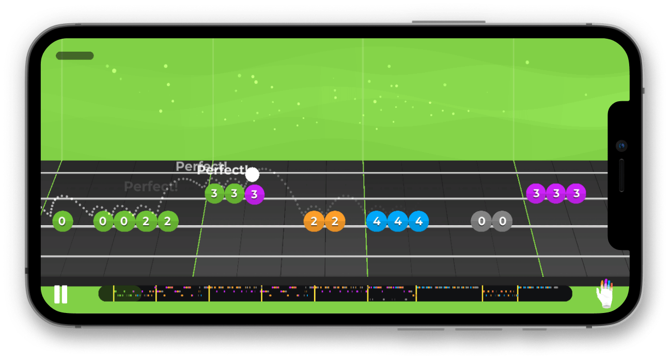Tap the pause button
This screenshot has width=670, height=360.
click(60, 294)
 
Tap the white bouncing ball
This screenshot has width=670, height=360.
click(252, 175)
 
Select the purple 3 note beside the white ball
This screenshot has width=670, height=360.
click(254, 195)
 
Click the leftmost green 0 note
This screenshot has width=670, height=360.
click(62, 222)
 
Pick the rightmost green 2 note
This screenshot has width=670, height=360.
click(167, 222)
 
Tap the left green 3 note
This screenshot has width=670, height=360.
click(214, 194)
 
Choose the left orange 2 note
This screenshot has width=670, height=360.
click(314, 222)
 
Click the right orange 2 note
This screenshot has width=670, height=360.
click(335, 222)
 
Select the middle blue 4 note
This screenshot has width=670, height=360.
click(398, 222)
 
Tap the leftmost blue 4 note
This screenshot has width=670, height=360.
click(377, 222)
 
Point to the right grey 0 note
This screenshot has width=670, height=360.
click(502, 222)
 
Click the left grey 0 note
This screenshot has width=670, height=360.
click(481, 222)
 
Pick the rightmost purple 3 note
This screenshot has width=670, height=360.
click(576, 194)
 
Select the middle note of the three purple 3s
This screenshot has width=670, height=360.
click(556, 194)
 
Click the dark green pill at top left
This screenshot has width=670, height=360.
click(75, 56)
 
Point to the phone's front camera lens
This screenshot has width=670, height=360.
click(621, 146)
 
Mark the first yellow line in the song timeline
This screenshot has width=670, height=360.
click(114, 293)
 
